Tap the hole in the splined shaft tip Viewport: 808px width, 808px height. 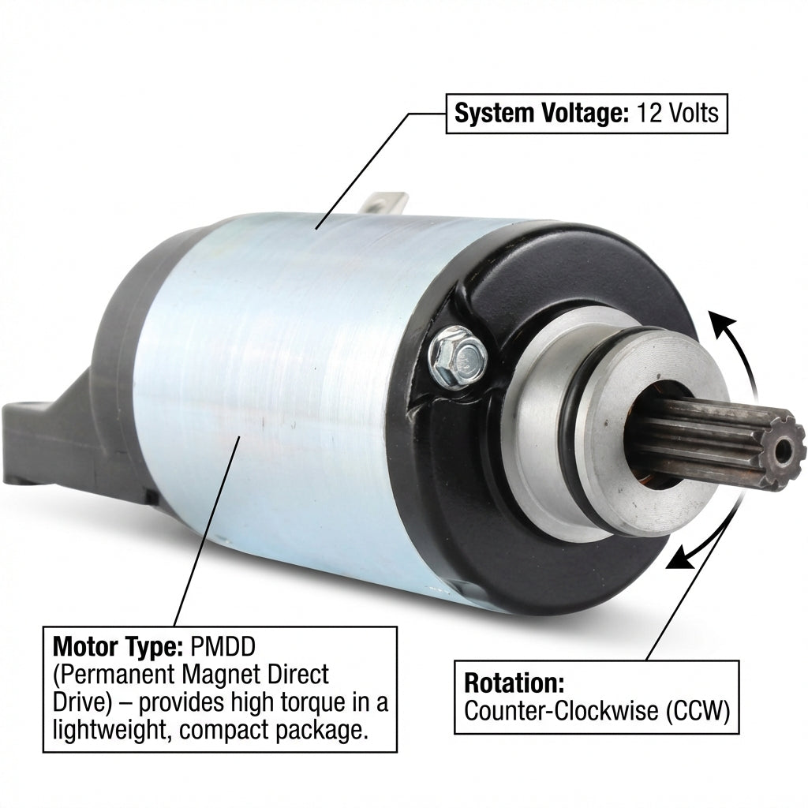785,448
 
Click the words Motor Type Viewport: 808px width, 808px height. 118,647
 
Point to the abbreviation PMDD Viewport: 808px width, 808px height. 223,647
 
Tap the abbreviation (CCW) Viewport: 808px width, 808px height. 698,711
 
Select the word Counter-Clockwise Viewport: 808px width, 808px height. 561,711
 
